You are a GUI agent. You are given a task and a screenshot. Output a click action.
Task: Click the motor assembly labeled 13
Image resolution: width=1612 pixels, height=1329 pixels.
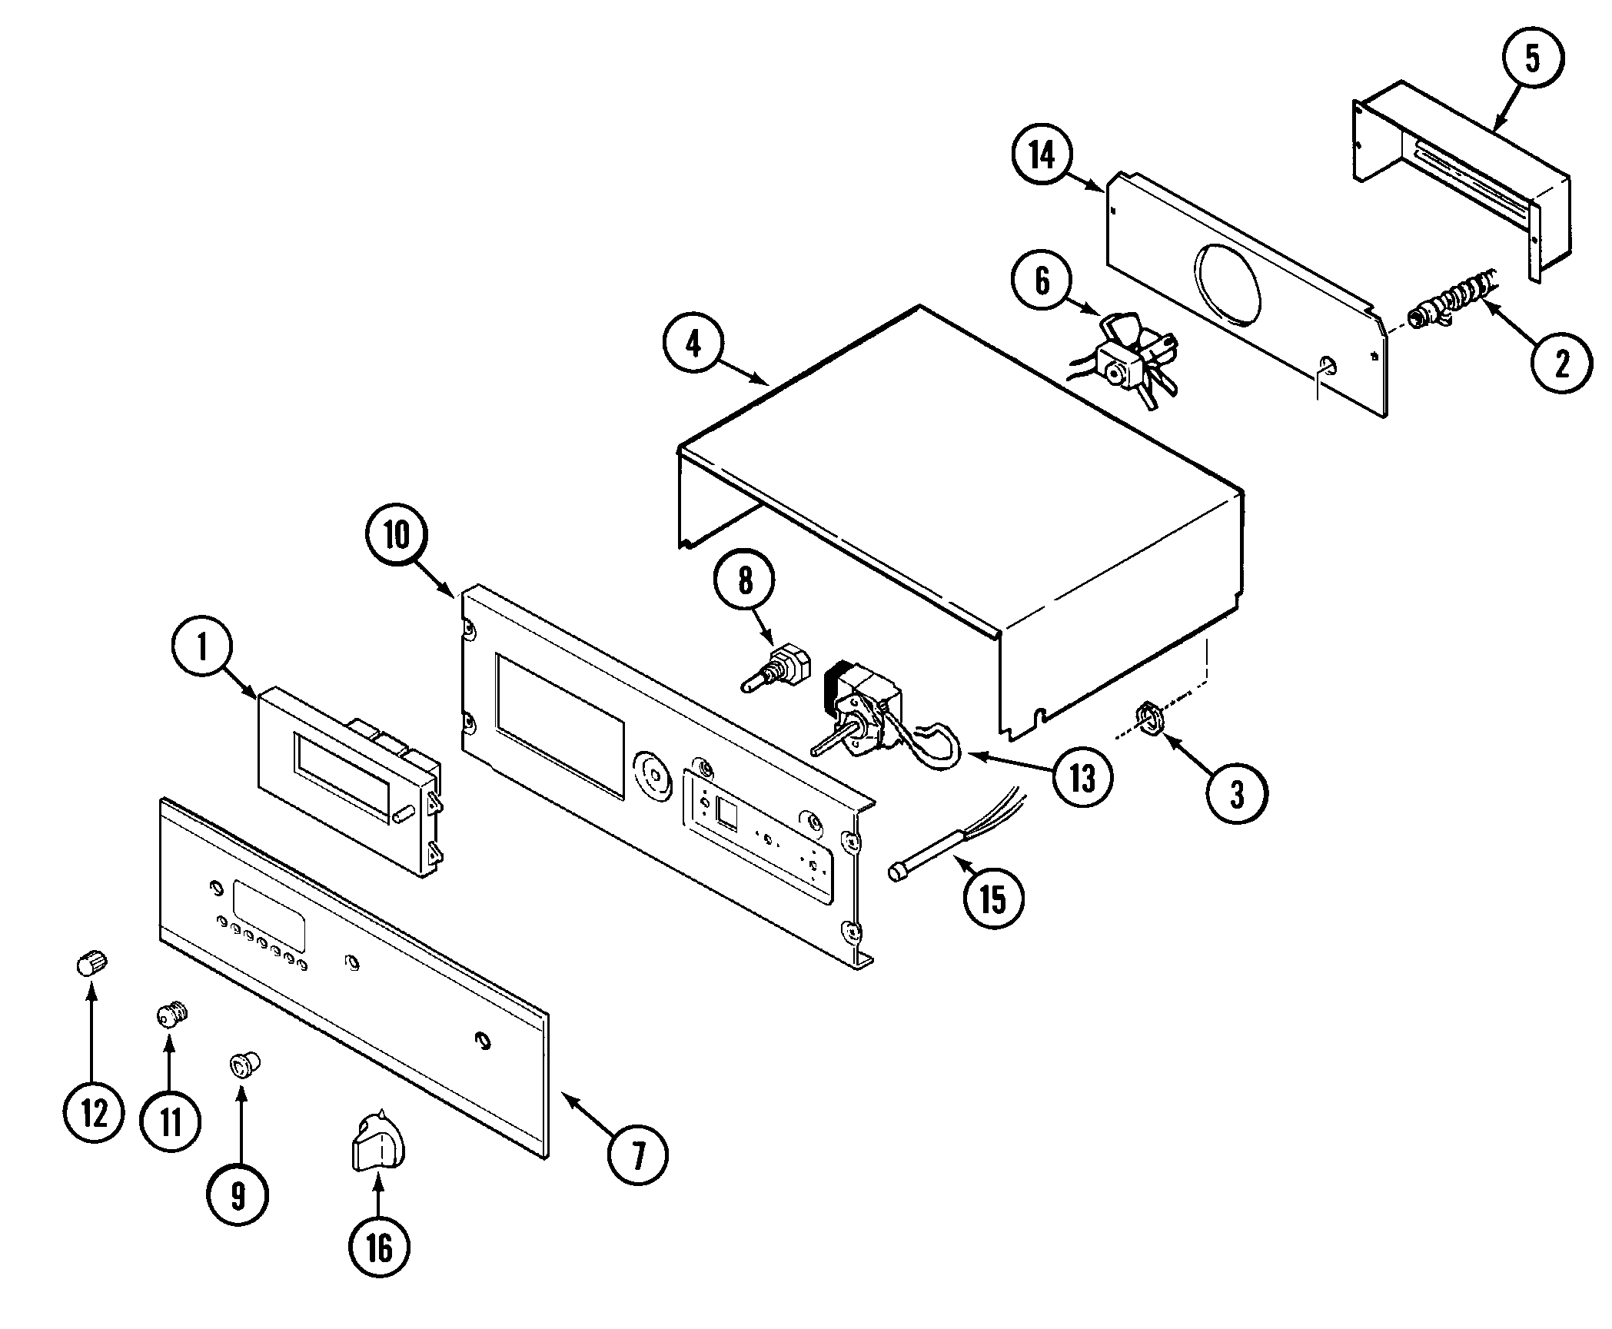869,715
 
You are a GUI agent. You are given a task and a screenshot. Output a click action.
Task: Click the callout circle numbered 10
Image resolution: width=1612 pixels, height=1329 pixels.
397,536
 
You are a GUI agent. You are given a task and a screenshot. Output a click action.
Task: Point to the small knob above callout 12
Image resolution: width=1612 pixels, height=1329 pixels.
92,962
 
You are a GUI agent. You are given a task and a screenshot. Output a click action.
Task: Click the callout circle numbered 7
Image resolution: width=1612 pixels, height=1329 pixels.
637,1154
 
